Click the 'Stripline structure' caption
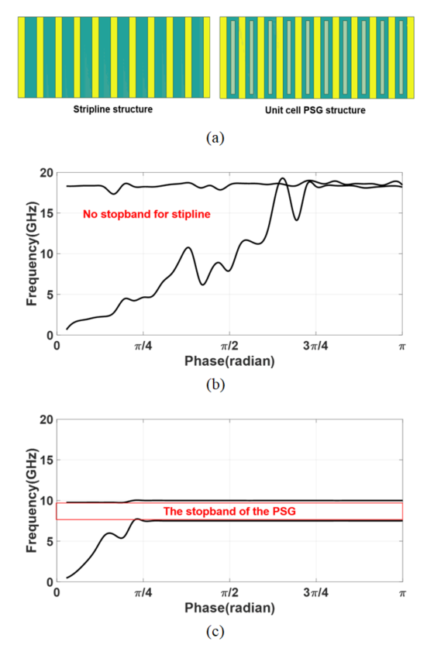point(112,109)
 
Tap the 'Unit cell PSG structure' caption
point(315,110)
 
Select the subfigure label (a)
point(215,137)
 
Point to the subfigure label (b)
point(215,385)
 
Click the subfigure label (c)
point(215,631)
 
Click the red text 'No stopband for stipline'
point(146,214)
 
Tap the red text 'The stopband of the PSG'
point(229,512)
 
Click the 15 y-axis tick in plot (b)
point(46,213)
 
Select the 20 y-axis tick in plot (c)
point(46,419)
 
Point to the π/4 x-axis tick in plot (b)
point(143,346)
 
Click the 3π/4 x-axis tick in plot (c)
point(315,593)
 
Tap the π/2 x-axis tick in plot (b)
point(229,346)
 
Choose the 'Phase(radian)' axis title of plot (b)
point(229,361)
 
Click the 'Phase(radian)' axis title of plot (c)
point(229,608)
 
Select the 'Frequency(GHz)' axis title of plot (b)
point(32,254)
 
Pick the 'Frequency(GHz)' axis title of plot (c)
point(32,501)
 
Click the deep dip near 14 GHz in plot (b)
point(296,220)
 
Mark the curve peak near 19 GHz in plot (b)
point(282,178)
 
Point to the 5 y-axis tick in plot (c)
point(50,542)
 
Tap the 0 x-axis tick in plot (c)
point(57,593)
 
